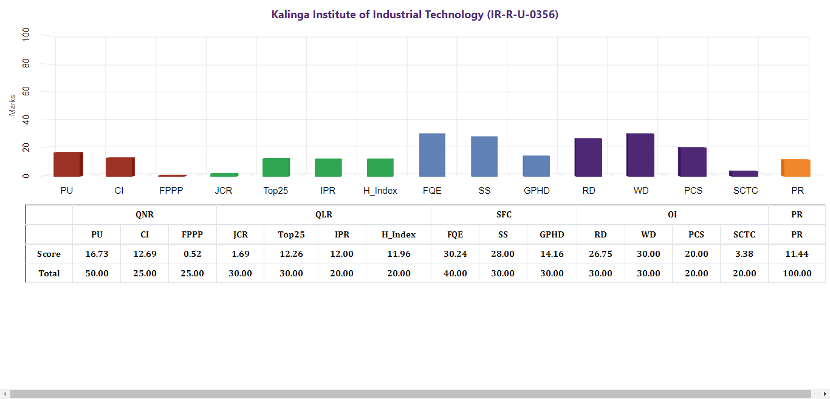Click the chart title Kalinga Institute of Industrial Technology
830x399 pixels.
click(414, 15)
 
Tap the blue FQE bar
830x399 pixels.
click(432, 155)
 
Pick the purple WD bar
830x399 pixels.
click(640, 155)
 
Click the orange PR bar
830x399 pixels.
click(796, 168)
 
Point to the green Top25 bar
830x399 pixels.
click(276, 167)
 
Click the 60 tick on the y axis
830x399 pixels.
click(26, 92)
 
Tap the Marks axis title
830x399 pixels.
click(13, 105)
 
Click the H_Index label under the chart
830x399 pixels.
click(380, 191)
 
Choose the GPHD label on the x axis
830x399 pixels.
click(537, 191)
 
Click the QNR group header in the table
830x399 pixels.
click(145, 215)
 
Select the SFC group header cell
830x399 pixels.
click(504, 215)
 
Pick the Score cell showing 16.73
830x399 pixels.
click(97, 254)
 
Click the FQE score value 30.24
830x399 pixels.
click(455, 254)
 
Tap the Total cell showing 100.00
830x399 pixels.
click(797, 273)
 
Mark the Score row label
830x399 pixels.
click(49, 254)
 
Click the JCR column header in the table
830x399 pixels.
click(241, 234)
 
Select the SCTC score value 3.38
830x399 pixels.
click(744, 254)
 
